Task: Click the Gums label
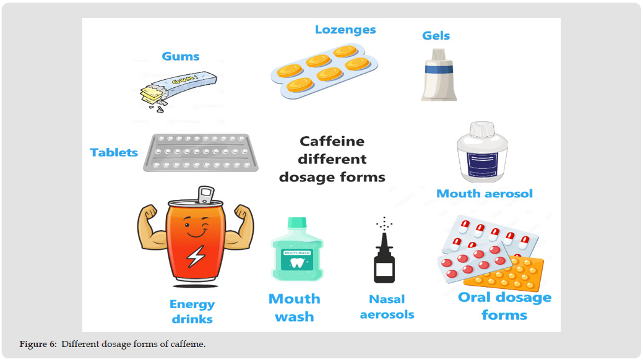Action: [x=181, y=56]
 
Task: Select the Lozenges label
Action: [x=345, y=30]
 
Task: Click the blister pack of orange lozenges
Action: [x=324, y=70]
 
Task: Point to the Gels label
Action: [x=436, y=36]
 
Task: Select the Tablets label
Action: [x=114, y=152]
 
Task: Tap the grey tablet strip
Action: [x=201, y=152]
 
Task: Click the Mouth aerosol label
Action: [x=485, y=194]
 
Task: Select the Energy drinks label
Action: [x=192, y=312]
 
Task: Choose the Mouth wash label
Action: [x=295, y=307]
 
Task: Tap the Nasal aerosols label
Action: [x=387, y=307]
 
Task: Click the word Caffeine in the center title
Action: [x=332, y=141]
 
